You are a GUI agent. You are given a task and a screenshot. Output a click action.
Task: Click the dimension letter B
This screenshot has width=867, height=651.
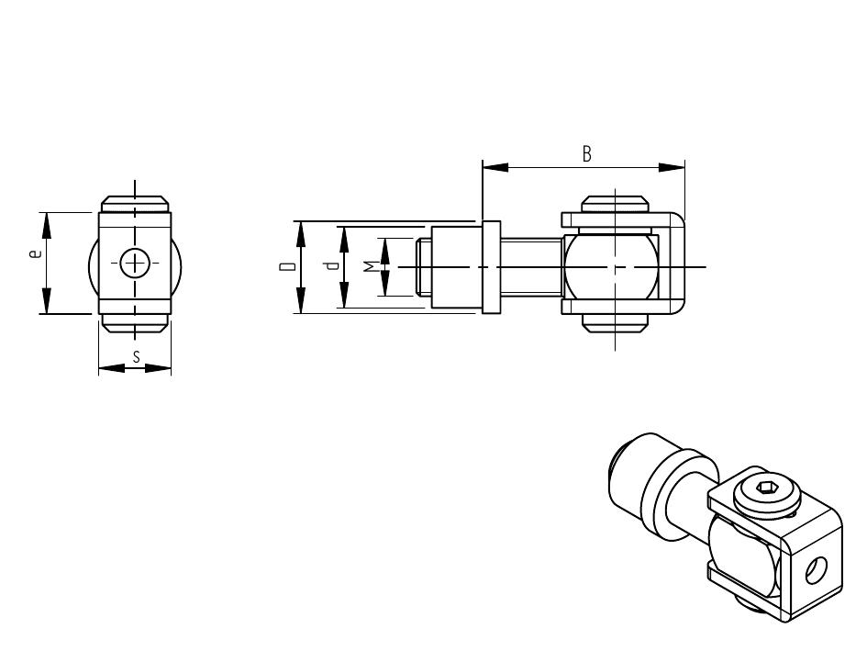click(586, 153)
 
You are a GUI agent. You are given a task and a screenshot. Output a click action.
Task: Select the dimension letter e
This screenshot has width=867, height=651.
click(36, 253)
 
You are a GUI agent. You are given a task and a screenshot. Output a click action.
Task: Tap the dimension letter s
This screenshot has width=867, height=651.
click(136, 356)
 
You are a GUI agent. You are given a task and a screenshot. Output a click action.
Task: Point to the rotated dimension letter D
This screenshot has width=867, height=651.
click(287, 267)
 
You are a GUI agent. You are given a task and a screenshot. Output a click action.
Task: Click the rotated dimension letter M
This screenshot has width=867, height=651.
click(370, 267)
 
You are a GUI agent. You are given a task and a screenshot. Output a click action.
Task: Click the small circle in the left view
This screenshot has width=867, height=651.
click(134, 263)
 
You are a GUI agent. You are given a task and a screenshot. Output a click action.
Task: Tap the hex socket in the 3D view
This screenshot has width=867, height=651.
click(766, 488)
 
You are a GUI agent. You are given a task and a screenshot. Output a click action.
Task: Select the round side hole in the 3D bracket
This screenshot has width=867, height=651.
click(816, 570)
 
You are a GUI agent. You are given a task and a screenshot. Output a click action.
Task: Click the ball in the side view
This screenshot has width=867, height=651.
click(610, 267)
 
